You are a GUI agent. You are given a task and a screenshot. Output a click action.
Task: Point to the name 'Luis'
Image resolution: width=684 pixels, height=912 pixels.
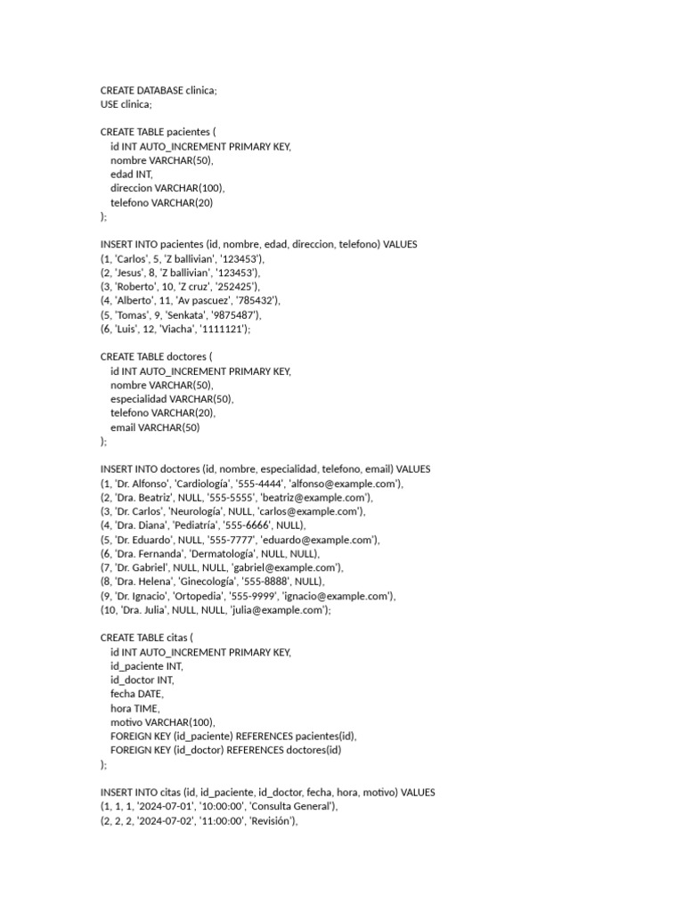tap(125, 329)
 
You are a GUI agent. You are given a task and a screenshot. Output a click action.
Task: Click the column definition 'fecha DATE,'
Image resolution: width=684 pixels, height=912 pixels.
tap(137, 693)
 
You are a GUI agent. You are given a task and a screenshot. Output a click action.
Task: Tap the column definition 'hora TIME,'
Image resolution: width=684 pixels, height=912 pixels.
tap(135, 707)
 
